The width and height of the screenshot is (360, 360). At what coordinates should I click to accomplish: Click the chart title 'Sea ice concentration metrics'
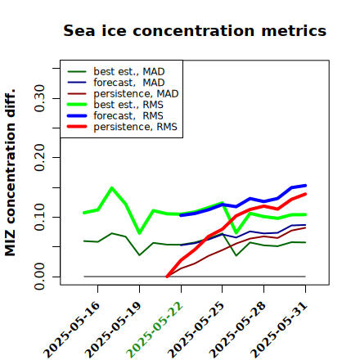click(x=195, y=30)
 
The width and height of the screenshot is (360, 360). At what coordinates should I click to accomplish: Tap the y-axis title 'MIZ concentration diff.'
click(x=10, y=173)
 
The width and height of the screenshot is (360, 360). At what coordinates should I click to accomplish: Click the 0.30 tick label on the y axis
click(x=40, y=98)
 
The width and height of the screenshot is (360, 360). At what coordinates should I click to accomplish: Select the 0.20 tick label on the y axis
click(x=40, y=157)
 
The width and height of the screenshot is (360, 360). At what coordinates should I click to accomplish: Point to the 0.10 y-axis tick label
click(x=40, y=217)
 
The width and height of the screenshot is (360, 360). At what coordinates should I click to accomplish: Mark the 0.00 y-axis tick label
click(x=40, y=277)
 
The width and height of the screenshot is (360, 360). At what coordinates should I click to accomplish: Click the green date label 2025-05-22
click(x=155, y=330)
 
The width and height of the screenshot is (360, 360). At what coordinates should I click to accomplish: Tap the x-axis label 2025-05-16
click(x=72, y=330)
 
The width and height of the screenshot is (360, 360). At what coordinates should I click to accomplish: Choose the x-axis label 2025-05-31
click(x=279, y=330)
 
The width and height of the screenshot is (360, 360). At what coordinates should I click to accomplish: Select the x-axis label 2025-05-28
click(x=238, y=330)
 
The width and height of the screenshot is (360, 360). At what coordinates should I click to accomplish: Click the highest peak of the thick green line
click(x=112, y=187)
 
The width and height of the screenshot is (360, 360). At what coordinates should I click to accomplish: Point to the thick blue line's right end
click(x=305, y=186)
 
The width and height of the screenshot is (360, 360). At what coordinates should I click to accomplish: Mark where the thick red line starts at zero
click(x=167, y=277)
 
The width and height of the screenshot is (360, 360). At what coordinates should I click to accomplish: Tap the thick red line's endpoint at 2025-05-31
click(x=305, y=194)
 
